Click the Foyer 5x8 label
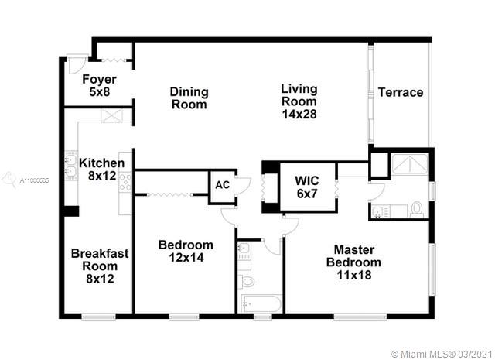[99, 85]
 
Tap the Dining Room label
[189, 98]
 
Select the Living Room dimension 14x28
[299, 114]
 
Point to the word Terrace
[401, 92]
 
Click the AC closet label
[222, 185]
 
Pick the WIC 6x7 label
[307, 187]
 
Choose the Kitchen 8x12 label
[102, 169]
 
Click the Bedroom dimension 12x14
[186, 258]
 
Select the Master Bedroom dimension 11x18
[354, 275]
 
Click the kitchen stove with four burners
[125, 182]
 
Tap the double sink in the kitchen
[71, 166]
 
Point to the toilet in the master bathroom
[417, 209]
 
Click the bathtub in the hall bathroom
[261, 303]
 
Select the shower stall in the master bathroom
[410, 163]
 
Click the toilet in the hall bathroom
[247, 281]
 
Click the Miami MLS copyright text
[442, 354]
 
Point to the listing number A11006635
[34, 181]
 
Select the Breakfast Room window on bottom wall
[98, 316]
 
